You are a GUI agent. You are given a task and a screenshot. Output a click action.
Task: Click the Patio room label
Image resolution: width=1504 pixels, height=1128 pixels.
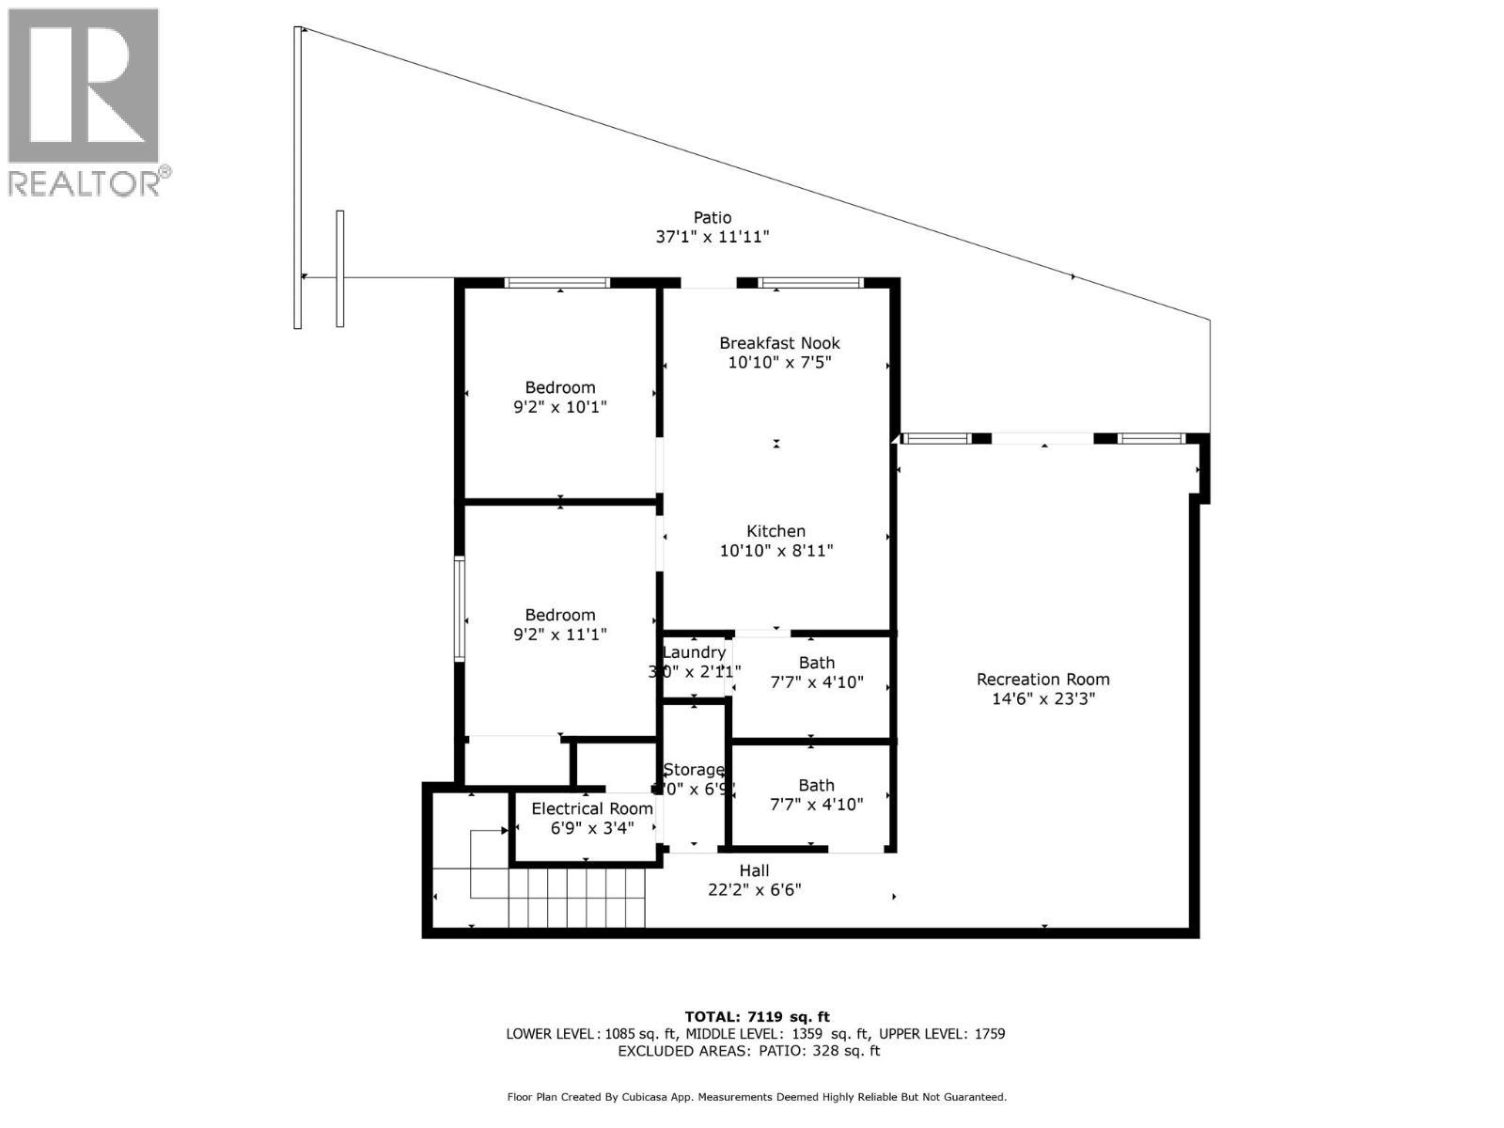click(712, 218)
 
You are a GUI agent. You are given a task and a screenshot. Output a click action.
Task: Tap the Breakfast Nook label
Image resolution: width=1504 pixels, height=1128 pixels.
click(779, 343)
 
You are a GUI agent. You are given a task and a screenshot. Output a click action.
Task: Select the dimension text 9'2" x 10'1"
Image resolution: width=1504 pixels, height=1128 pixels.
click(559, 407)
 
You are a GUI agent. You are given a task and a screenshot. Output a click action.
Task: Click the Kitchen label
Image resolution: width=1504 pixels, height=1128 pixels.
click(775, 531)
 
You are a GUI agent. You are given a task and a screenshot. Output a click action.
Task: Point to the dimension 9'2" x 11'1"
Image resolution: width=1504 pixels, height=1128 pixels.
click(559, 634)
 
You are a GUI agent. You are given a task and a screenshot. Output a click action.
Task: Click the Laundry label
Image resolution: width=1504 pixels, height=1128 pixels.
click(694, 652)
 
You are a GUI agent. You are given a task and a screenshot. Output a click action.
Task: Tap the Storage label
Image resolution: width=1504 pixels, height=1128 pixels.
click(694, 770)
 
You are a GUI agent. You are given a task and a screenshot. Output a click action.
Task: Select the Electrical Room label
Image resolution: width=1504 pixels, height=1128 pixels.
click(591, 808)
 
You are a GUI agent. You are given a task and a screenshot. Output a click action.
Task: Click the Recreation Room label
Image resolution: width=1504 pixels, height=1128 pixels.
click(1042, 679)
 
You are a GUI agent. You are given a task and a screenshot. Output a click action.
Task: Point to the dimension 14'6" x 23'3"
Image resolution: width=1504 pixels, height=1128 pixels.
click(1042, 698)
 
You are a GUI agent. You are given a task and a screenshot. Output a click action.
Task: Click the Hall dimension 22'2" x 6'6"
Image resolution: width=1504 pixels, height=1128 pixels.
click(754, 889)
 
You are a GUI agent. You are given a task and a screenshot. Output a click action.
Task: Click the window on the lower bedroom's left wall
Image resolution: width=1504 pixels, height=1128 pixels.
click(460, 609)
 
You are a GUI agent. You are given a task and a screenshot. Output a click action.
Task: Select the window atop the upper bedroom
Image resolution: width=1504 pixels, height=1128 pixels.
click(556, 282)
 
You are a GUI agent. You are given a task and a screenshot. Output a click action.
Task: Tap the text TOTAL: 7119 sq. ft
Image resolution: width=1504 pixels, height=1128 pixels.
click(757, 1016)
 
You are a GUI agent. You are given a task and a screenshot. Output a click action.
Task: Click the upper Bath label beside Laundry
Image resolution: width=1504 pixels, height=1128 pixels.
click(816, 663)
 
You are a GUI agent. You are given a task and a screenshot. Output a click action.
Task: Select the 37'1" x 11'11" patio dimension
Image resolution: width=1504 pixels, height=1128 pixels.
click(712, 238)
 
